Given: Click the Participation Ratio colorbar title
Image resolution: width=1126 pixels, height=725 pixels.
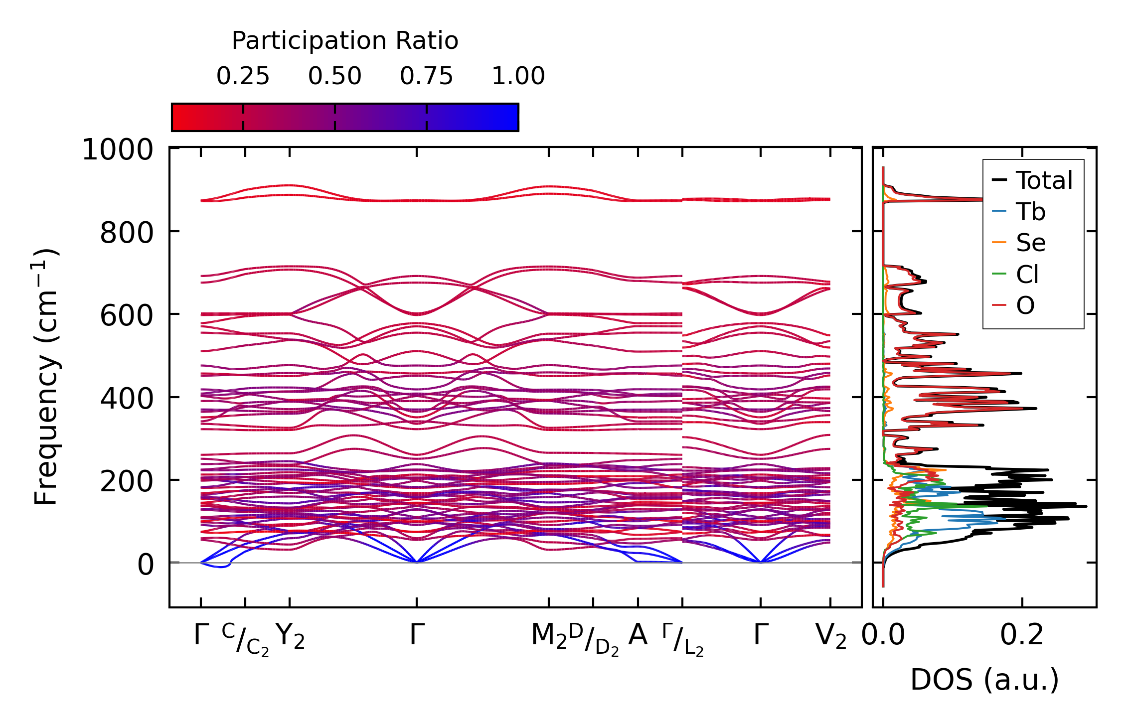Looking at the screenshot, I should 345,41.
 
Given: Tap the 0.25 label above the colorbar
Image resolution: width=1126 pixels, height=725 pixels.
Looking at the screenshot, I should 243,76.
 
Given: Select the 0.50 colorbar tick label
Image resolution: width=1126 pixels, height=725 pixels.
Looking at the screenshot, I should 334,76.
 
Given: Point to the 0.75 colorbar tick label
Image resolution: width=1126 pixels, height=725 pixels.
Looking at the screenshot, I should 426,76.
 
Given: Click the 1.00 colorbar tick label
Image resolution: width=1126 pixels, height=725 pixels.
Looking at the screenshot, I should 518,76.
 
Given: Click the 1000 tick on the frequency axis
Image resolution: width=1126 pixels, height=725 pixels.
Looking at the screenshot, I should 118,149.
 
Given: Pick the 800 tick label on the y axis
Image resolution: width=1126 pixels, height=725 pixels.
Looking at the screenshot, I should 127,233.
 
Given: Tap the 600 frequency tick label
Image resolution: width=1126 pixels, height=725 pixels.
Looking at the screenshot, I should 127,315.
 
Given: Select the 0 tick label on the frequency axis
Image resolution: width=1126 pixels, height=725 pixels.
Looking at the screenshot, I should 146,565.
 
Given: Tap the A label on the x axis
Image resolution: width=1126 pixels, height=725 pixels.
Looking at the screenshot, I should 638,635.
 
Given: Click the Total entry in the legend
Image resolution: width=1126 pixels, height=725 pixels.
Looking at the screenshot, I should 1044,180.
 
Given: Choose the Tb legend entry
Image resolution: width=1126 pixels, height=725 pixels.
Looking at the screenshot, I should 1030,212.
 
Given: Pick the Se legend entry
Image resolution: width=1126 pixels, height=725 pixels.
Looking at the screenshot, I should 1030,243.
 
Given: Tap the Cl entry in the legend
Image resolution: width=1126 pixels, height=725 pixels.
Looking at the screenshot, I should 1027,274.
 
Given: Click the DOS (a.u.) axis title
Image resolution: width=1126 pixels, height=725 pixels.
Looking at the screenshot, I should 984,680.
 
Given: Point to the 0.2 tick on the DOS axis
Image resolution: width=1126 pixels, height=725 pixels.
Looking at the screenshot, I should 1021,635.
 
